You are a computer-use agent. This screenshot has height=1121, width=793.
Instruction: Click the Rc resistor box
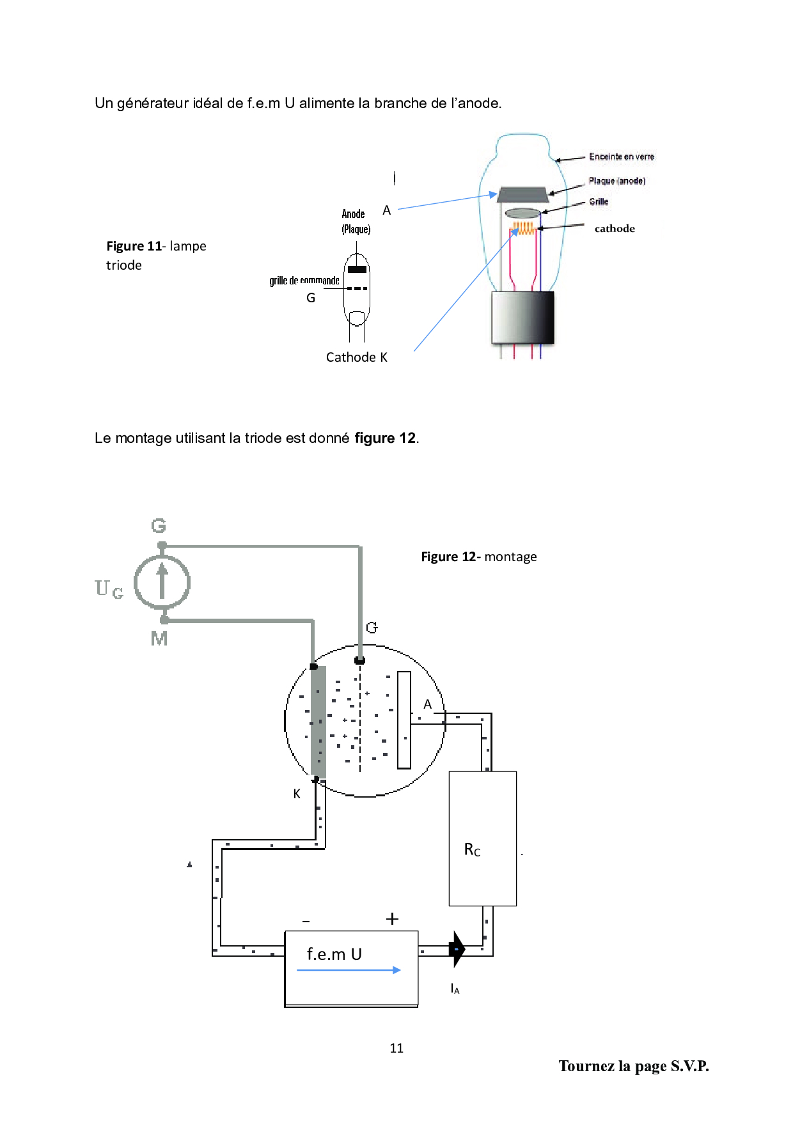click(x=483, y=839)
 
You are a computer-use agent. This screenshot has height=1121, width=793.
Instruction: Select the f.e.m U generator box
click(x=351, y=969)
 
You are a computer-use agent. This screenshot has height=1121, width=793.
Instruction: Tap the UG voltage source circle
click(x=162, y=582)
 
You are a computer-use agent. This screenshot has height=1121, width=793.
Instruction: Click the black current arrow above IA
click(x=457, y=949)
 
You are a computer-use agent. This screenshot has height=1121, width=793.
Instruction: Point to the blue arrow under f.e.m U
click(x=349, y=970)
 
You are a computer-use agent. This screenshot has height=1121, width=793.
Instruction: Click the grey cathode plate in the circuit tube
click(x=318, y=722)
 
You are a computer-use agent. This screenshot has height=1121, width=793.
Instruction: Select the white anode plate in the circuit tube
click(x=404, y=720)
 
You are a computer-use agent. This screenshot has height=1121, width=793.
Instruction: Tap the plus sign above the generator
click(x=392, y=919)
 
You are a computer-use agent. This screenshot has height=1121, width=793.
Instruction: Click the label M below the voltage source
click(x=159, y=638)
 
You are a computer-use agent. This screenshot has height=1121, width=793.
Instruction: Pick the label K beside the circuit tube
click(x=297, y=794)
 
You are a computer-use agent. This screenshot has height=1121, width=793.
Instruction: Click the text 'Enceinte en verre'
click(x=622, y=157)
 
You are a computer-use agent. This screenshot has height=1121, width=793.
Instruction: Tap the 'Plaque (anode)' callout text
click(x=617, y=181)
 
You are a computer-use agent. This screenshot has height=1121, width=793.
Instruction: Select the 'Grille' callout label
click(x=599, y=201)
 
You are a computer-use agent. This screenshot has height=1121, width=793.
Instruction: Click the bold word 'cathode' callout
click(x=615, y=228)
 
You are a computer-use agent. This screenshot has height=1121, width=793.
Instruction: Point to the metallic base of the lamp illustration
click(x=522, y=318)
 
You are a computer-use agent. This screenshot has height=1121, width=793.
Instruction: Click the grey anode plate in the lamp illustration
click(x=523, y=194)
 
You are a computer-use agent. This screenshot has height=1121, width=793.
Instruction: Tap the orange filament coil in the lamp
click(x=524, y=228)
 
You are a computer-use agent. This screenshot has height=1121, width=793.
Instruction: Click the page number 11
click(x=396, y=1048)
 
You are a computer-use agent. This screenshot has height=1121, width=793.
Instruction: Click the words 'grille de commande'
click(x=304, y=281)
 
